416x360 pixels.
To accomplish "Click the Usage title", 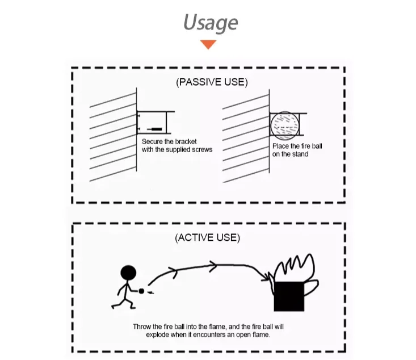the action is point(210,23).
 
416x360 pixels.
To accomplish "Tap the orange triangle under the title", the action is point(208,44).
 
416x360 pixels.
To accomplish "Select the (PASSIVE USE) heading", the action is point(212,82).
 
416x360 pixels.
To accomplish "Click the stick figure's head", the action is point(129,273).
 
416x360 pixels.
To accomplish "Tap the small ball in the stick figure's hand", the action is point(141,292).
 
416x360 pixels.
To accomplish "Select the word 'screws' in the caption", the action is point(201,149).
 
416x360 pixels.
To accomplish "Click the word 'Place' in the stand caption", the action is point(281,146).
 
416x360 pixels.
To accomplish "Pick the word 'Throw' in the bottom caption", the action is point(142,326).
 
